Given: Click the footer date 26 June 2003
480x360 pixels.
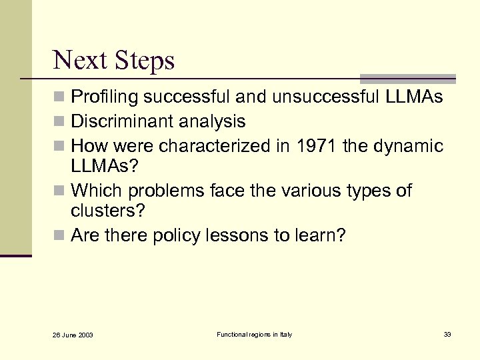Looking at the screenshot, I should point(73,335).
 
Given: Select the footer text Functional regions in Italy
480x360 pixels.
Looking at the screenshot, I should point(254,334).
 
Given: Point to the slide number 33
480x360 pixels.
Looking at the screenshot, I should point(447,334).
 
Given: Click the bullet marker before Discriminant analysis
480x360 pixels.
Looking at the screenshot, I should point(59,122).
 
